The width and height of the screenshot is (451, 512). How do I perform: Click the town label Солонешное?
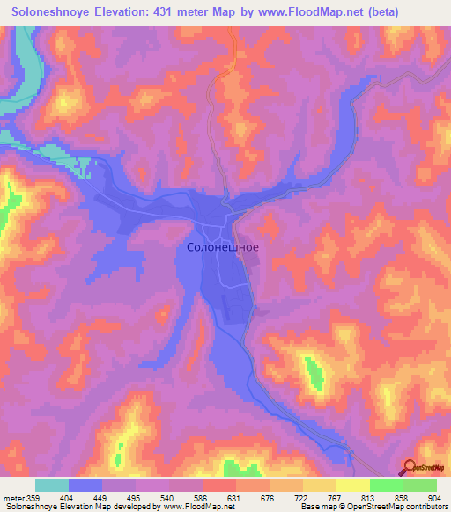pos(223,248)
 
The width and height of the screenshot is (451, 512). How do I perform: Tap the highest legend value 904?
pos(435,497)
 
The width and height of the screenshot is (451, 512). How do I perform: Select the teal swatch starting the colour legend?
pos(52,485)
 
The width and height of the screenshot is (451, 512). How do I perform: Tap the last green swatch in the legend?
pos(419,485)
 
